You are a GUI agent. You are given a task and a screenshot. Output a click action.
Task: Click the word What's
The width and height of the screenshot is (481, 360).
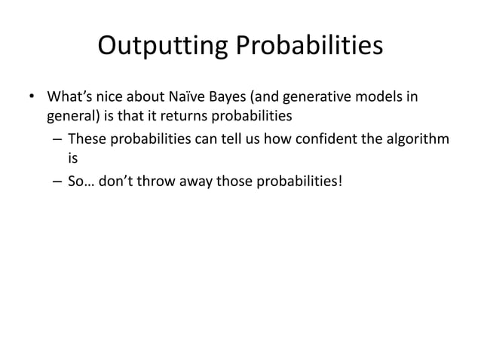click(x=68, y=98)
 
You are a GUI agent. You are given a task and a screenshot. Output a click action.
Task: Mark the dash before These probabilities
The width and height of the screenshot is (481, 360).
click(x=57, y=140)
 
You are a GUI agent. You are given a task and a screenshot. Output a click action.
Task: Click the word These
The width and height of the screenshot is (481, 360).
click(x=84, y=139)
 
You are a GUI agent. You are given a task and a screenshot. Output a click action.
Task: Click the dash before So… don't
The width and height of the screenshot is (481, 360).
click(x=57, y=181)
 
